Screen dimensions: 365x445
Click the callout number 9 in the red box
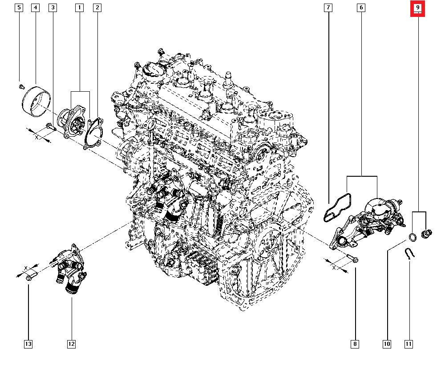[418, 8]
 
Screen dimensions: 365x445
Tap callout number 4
[36, 8]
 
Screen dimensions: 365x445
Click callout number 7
[328, 8]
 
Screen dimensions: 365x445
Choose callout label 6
[361, 8]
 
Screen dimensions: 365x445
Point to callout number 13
[28, 344]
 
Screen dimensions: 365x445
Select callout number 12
[71, 344]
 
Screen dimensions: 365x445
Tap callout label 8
[355, 344]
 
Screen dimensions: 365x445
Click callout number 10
[387, 344]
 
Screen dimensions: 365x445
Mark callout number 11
[409, 344]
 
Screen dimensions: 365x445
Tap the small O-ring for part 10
[413, 237]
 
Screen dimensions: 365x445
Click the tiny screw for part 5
[21, 84]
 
